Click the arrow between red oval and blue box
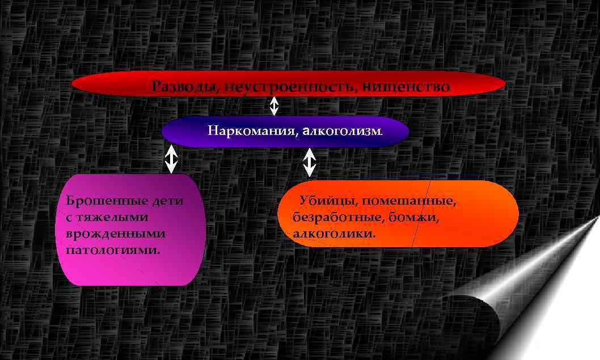(x=274, y=105)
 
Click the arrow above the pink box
(x=171, y=159)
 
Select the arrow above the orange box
(x=309, y=162)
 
